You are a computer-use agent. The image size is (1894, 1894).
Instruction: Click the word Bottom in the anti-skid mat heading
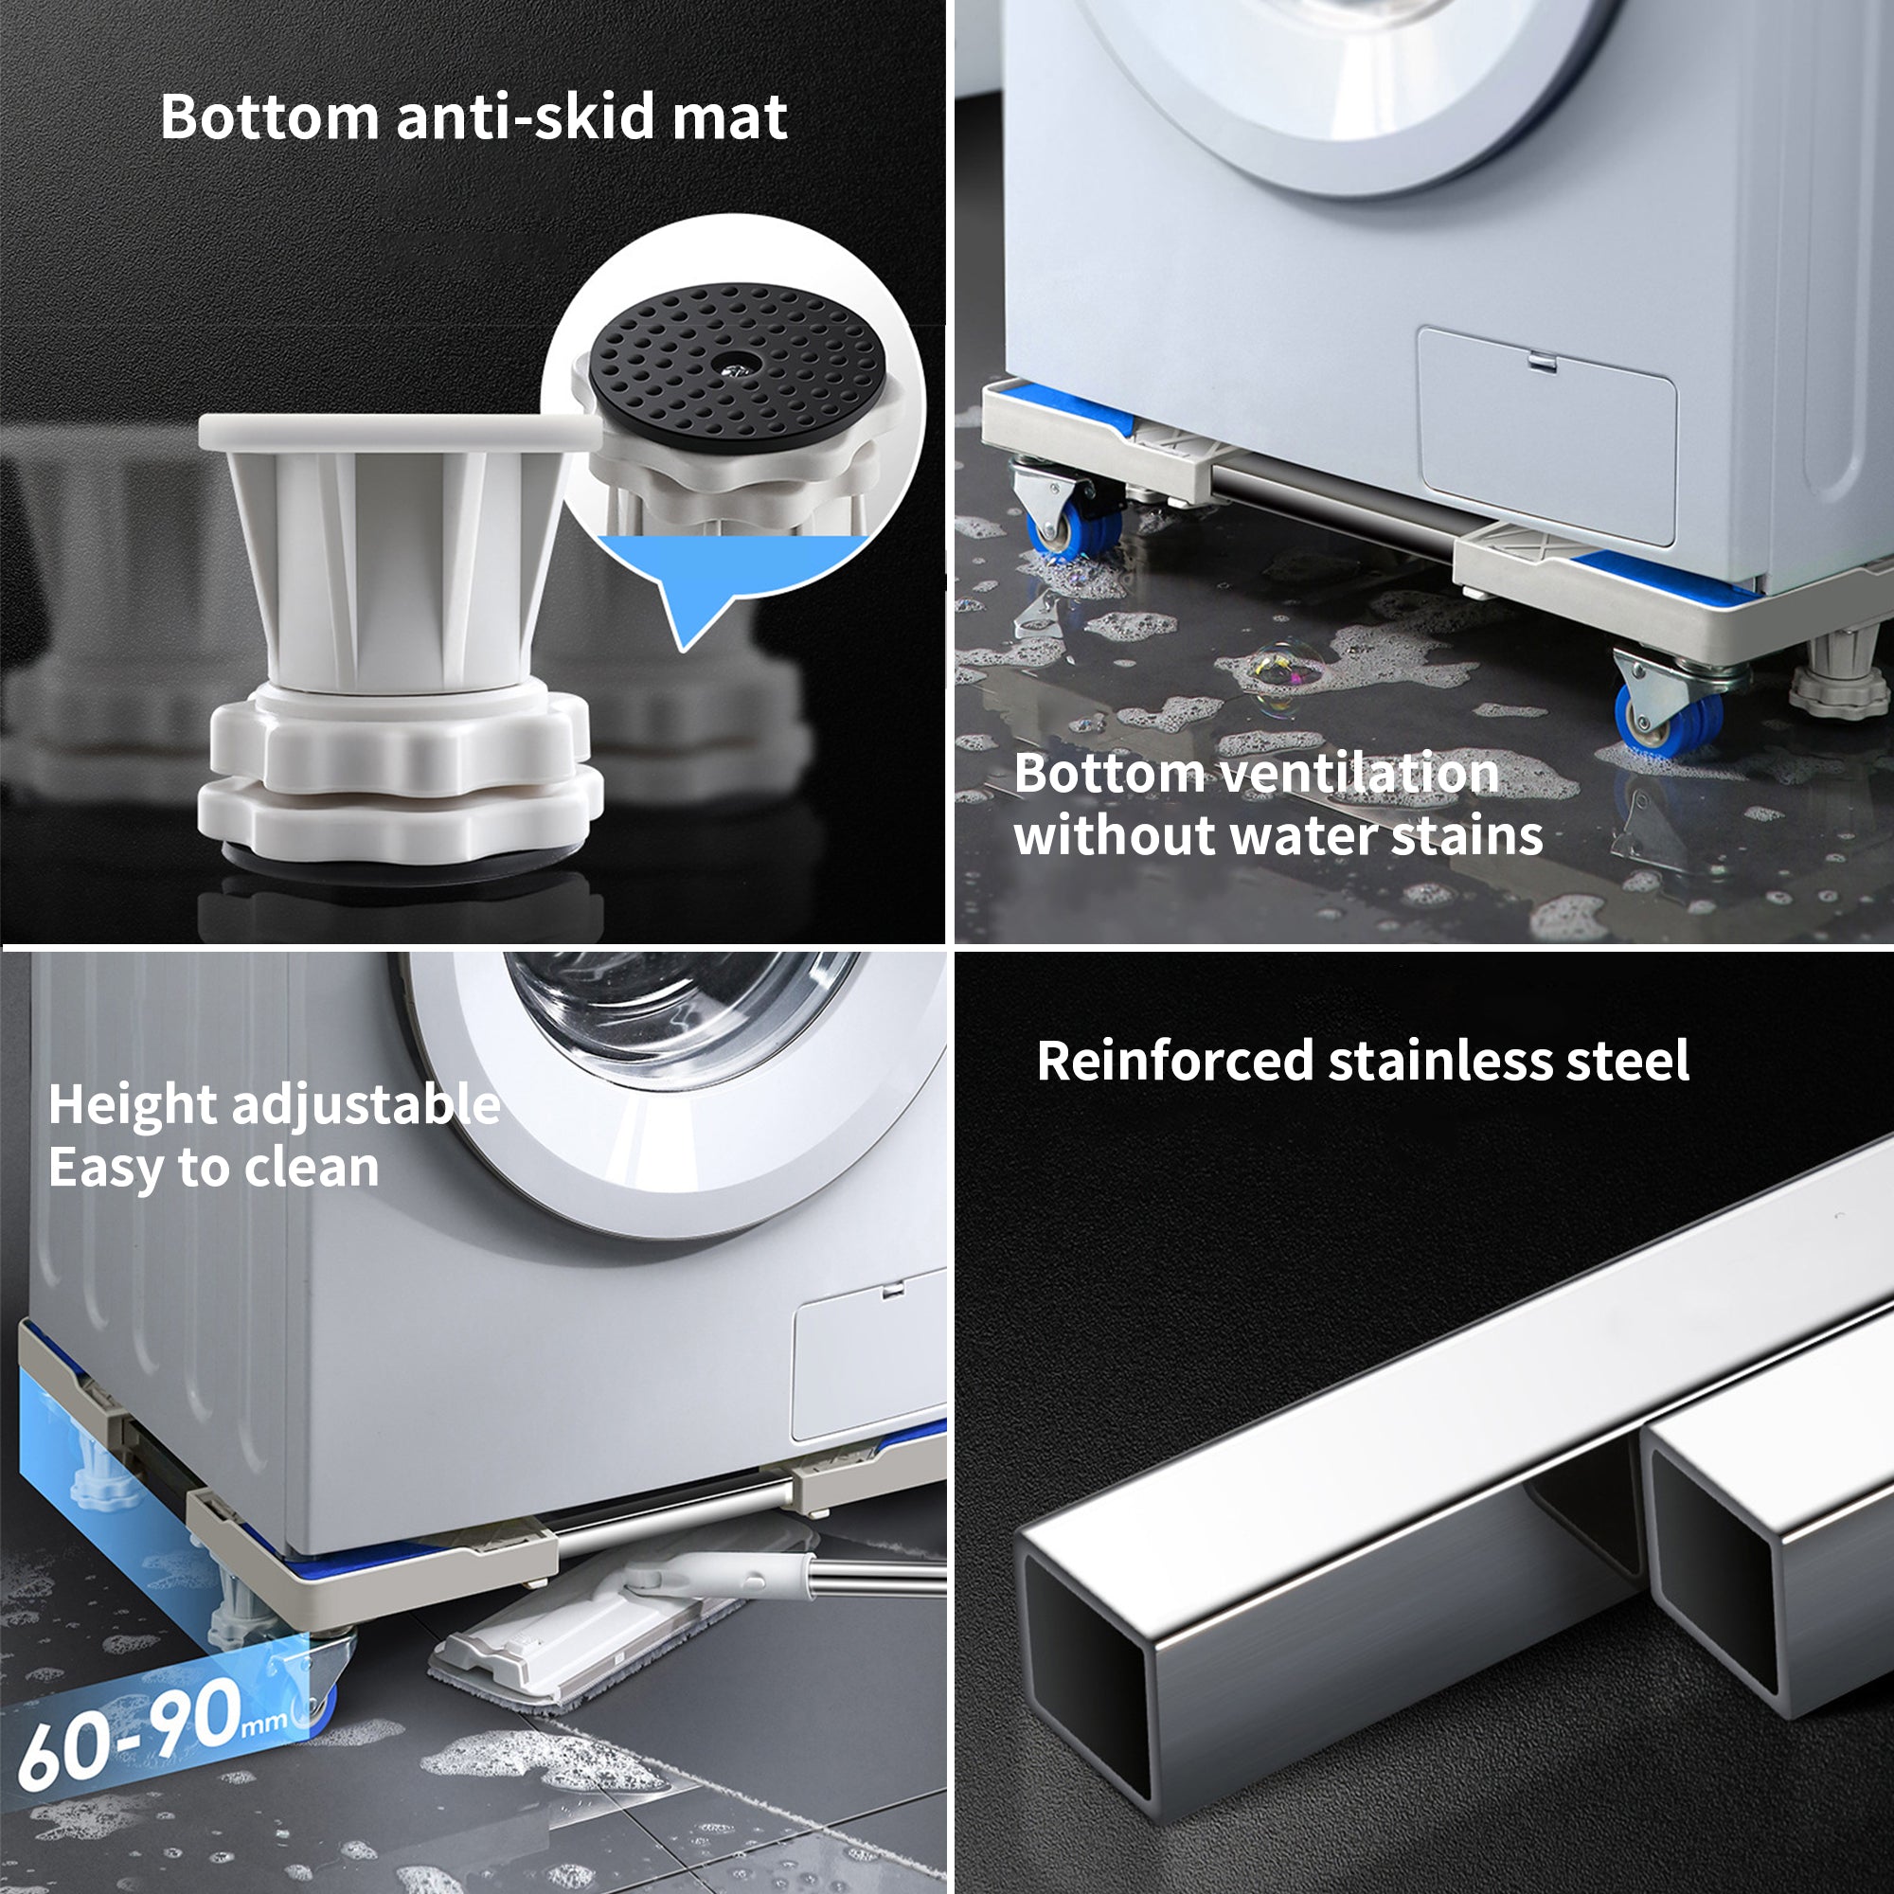point(269,117)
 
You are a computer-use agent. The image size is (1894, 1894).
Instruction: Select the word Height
point(133,1105)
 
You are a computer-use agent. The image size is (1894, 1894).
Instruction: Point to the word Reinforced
point(1174,1061)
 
